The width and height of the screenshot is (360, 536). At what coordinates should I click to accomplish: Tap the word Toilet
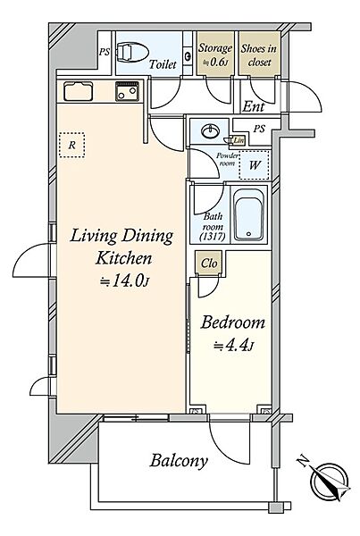pyautogui.click(x=163, y=64)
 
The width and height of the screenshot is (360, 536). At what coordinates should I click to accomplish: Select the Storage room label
pyautogui.click(x=215, y=54)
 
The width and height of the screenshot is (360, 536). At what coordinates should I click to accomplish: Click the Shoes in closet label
pyautogui.click(x=259, y=55)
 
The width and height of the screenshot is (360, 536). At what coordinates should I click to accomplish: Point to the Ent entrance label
pyautogui.click(x=254, y=106)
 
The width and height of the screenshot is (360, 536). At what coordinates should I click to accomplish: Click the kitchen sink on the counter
pyautogui.click(x=78, y=91)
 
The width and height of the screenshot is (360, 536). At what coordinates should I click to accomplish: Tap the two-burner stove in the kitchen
pyautogui.click(x=127, y=91)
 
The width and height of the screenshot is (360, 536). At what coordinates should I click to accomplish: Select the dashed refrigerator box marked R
pyautogui.click(x=71, y=146)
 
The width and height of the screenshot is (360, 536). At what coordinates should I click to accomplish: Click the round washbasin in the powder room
pyautogui.click(x=210, y=131)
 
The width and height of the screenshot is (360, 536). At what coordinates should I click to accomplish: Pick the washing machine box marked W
pyautogui.click(x=255, y=165)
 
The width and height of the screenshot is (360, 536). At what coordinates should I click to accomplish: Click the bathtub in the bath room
pyautogui.click(x=249, y=214)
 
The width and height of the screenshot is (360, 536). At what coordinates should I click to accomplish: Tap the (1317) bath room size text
pyautogui.click(x=213, y=237)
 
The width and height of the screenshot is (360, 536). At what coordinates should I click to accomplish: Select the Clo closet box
pyautogui.click(x=209, y=263)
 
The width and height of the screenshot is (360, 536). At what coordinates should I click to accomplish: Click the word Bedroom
pyautogui.click(x=232, y=322)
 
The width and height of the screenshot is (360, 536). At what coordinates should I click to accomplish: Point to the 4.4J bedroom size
pyautogui.click(x=234, y=346)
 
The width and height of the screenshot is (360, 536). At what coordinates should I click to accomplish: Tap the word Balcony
pyautogui.click(x=179, y=461)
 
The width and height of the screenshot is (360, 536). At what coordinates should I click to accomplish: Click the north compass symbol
pyautogui.click(x=328, y=481)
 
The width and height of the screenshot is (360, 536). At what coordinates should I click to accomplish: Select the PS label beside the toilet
pyautogui.click(x=105, y=52)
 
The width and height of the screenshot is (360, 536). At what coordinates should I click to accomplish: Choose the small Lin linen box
pyautogui.click(x=239, y=140)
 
